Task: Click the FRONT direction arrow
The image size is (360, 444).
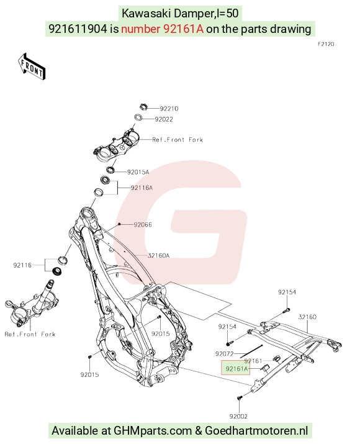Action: pyautogui.click(x=32, y=66)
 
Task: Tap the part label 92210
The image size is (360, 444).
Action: pyautogui.click(x=169, y=109)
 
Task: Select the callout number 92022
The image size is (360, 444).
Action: pyautogui.click(x=164, y=119)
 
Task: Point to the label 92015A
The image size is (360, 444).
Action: pyautogui.click(x=138, y=172)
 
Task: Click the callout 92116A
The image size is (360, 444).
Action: pyautogui.click(x=142, y=188)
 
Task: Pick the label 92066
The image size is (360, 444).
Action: pyautogui.click(x=143, y=225)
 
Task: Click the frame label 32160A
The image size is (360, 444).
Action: pyautogui.click(x=158, y=255)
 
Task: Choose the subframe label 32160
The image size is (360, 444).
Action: pyautogui.click(x=307, y=317)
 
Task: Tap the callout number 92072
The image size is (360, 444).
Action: pyautogui.click(x=225, y=354)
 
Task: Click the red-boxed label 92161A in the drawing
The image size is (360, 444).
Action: pyautogui.click(x=236, y=369)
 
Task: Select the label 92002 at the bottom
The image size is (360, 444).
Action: pyautogui.click(x=238, y=416)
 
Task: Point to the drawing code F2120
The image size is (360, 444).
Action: pyautogui.click(x=326, y=44)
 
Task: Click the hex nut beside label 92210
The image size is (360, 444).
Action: pyautogui.click(x=144, y=107)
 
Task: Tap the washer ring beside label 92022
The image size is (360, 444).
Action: pyautogui.click(x=138, y=117)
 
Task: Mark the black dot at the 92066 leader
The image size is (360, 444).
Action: pyautogui.click(x=119, y=224)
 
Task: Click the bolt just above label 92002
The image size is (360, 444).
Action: pyautogui.click(x=240, y=398)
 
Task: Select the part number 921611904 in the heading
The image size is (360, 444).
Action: pyautogui.click(x=78, y=29)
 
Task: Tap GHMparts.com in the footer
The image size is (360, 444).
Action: pyautogui.click(x=153, y=431)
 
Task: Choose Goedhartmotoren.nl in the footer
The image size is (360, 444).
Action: pyautogui.click(x=256, y=430)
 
